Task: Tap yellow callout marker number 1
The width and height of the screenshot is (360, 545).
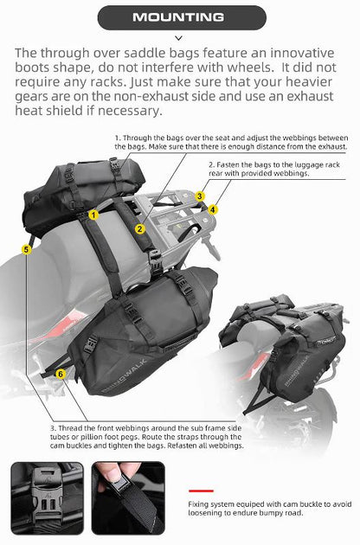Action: point(93,213)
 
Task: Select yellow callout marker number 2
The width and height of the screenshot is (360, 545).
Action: point(139,228)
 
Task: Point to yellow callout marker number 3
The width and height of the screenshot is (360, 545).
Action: point(199,196)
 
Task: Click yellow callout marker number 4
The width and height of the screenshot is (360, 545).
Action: point(213,209)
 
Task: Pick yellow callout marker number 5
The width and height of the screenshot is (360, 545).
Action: point(27,249)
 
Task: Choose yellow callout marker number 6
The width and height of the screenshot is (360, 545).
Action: point(60,374)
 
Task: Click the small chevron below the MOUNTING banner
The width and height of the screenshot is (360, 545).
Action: point(179,38)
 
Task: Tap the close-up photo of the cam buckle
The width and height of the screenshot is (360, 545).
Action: point(48,499)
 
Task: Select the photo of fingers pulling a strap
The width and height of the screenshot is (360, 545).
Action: point(128,499)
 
